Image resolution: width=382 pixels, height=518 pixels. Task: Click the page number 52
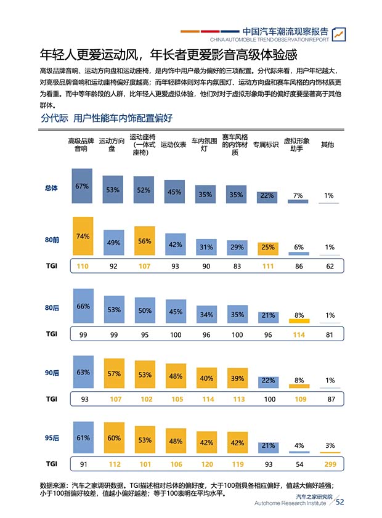click(x=339, y=502)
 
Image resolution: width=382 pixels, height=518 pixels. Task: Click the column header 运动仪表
click(x=173, y=145)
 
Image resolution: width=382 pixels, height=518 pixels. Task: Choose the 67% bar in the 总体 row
click(x=83, y=186)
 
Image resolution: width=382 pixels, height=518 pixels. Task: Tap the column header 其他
click(x=328, y=145)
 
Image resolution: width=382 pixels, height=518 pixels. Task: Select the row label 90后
click(x=52, y=373)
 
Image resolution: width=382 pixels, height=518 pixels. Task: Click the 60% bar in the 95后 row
click(x=113, y=439)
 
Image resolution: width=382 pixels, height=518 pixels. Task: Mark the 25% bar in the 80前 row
click(x=267, y=248)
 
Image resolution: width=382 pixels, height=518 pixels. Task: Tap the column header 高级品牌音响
click(x=81, y=145)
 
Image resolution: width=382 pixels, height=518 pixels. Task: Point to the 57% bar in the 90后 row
click(x=113, y=374)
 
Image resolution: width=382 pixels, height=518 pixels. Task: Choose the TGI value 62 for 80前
click(x=330, y=266)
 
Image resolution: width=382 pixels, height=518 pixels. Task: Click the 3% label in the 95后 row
click(x=330, y=445)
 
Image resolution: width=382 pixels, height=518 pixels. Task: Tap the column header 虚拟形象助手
click(x=296, y=145)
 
